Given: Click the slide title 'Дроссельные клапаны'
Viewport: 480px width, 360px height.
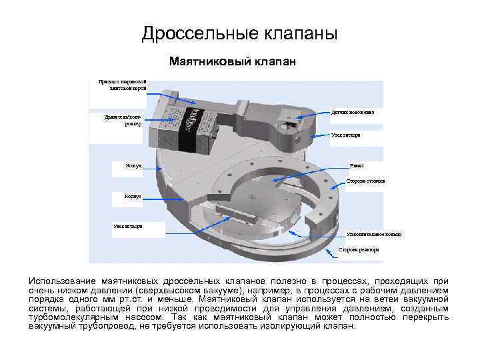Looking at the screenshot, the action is [240, 33].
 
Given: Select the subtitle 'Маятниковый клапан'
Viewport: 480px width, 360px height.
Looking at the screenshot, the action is [232, 62].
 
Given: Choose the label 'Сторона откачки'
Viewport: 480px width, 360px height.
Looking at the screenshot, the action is [365, 181].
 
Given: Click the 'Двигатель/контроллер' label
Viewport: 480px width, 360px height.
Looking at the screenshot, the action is [123, 120].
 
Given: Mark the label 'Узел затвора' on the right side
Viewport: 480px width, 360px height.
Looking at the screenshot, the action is [346, 135].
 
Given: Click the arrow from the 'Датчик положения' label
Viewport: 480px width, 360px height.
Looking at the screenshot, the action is [313, 114].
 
